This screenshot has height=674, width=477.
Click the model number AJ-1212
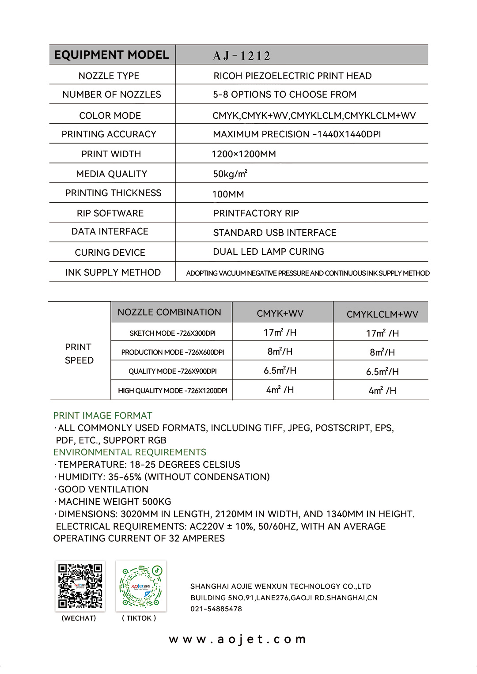coord(241,56)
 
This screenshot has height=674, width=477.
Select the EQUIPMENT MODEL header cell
coord(111,55)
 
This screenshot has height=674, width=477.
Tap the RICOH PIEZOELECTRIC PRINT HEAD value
coord(292,76)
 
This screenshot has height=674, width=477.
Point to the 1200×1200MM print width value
coord(244,154)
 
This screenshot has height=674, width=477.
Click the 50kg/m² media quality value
coord(230,174)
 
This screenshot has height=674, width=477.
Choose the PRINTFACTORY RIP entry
coord(256,213)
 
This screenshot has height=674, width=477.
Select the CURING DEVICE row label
coord(110,253)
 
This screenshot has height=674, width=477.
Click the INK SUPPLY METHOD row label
coord(113,273)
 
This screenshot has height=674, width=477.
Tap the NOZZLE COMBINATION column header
coord(169,312)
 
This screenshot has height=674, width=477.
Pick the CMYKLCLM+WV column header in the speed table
coord(382,314)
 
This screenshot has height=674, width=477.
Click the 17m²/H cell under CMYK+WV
coord(280,333)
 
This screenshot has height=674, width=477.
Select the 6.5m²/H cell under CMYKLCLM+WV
coord(382,372)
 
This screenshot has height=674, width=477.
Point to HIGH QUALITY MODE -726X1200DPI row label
coord(172,391)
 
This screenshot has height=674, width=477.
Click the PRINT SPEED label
coord(79,354)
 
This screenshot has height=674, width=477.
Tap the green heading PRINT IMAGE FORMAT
coord(102,416)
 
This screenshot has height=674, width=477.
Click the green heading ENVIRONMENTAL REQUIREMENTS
coord(129,452)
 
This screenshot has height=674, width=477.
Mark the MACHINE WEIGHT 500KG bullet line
coord(114,502)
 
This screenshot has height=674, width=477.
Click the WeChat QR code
coord(80,586)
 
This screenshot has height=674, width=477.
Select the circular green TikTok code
coord(141,586)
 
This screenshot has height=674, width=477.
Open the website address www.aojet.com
coord(238,639)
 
